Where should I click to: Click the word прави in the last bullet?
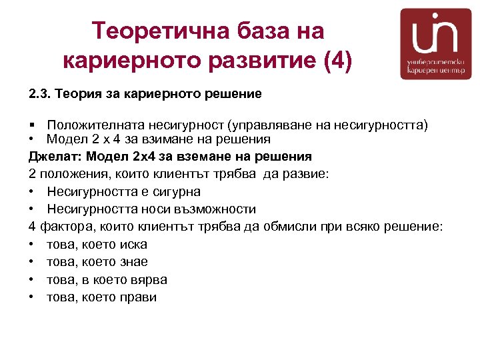click(x=139, y=297)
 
